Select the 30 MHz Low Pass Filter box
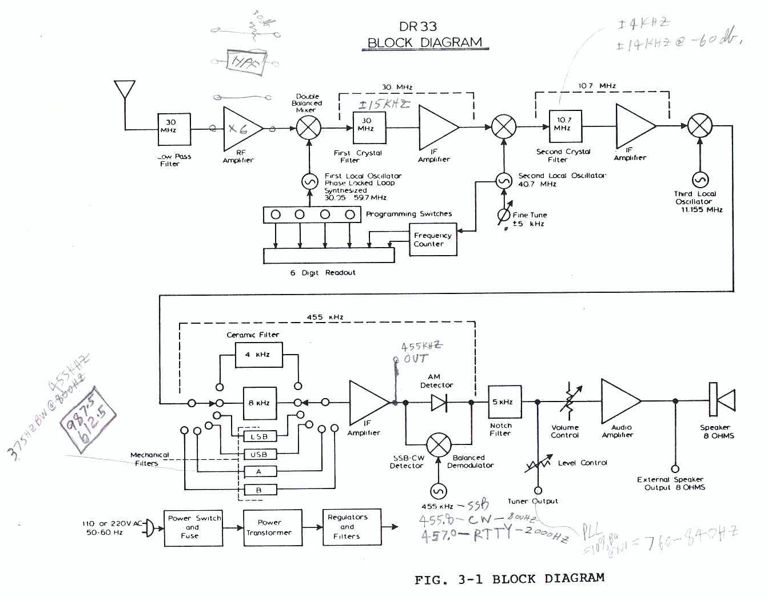point(174,129)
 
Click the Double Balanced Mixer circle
point(309,128)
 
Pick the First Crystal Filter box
point(369,128)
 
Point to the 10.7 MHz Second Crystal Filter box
point(565,126)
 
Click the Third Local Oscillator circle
point(700,180)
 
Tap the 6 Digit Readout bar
point(328,256)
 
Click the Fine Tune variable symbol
point(504,216)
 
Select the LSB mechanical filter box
point(260,437)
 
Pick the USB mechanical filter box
point(260,455)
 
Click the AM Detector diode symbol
point(439,403)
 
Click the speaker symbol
point(721,399)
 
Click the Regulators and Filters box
point(347,527)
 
